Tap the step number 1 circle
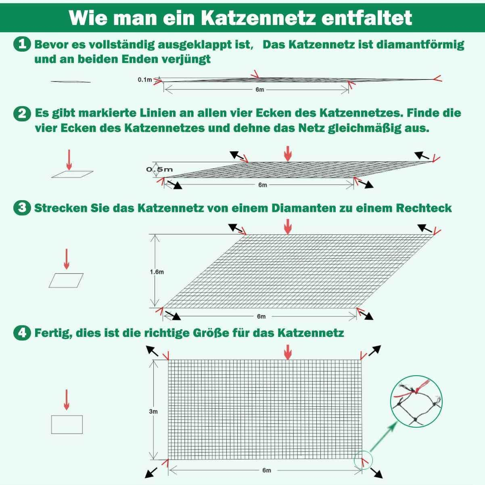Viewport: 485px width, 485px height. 22,44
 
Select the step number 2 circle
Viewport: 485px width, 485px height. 22,113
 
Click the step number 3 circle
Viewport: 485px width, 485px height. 22,208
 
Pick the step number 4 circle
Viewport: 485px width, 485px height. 22,333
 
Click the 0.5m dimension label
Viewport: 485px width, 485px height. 159,169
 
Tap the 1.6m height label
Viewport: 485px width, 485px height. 157,272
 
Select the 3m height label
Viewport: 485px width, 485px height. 153,412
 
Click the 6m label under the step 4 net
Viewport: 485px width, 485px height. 266,470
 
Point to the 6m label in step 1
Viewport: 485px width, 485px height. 259,90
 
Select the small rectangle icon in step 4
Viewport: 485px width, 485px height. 67,424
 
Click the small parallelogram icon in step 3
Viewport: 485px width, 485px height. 66,280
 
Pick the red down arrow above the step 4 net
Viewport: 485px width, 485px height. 288,352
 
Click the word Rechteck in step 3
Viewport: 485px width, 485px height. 424,208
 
